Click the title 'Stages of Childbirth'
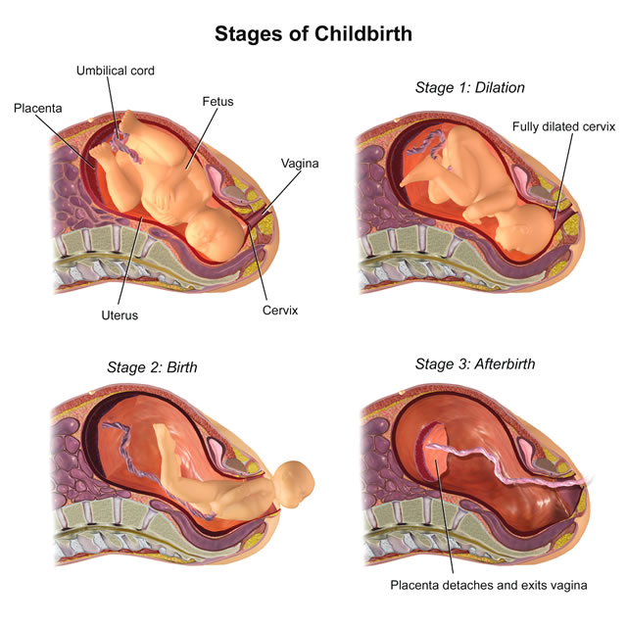click(x=313, y=33)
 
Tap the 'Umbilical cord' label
click(x=116, y=71)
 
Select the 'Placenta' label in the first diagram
click(x=37, y=109)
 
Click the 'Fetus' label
click(x=217, y=102)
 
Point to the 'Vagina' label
click(x=300, y=164)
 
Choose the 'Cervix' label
click(x=280, y=311)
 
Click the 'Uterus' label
click(x=120, y=315)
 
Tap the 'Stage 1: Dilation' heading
click(x=470, y=87)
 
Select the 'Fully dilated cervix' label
click(x=563, y=126)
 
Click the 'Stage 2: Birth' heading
click(x=152, y=367)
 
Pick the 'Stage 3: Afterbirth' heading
click(x=475, y=363)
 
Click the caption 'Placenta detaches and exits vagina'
click(x=489, y=586)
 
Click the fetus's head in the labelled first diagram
click(x=213, y=235)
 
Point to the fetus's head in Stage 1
click(x=525, y=228)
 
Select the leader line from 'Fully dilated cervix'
click(x=564, y=176)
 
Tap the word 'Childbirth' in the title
click(x=362, y=33)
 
